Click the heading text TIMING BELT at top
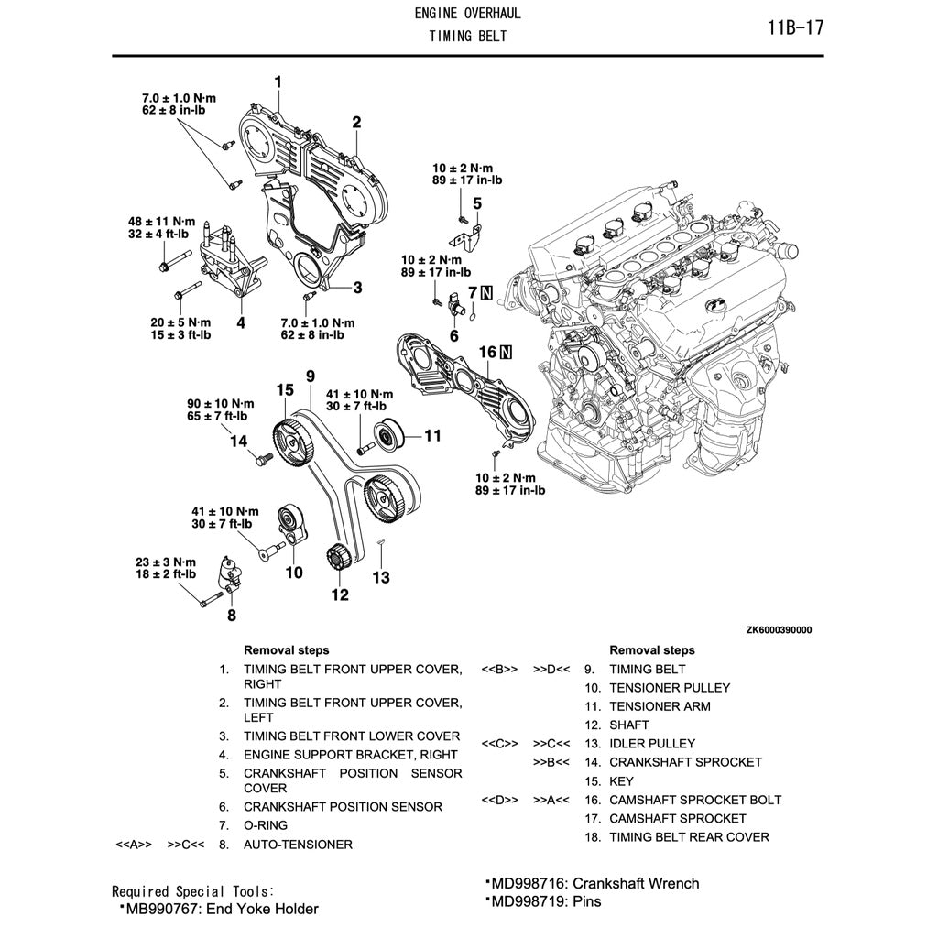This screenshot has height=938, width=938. click(x=467, y=37)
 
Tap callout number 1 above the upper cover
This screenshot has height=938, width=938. click(x=278, y=83)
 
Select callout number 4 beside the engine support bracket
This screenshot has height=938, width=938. click(x=240, y=322)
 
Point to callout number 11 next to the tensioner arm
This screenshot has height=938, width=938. click(x=432, y=435)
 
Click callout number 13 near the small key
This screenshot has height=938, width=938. click(x=380, y=577)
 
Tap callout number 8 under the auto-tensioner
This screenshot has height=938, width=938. click(x=231, y=615)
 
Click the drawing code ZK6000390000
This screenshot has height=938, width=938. click(x=778, y=630)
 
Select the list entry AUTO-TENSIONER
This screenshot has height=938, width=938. click(x=297, y=845)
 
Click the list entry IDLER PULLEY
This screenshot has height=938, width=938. click(x=651, y=743)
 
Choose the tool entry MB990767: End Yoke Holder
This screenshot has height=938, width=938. click(x=219, y=909)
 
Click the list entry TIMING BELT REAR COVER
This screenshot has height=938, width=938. click(x=689, y=836)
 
